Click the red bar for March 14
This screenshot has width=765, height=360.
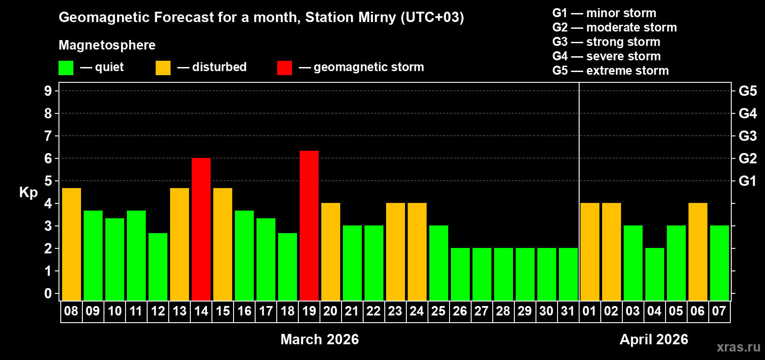click(201, 229)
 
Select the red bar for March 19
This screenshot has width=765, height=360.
click(309, 225)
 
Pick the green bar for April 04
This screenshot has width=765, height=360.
click(655, 274)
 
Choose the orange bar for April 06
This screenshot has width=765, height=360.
click(698, 252)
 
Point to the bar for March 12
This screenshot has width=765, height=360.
click(158, 266)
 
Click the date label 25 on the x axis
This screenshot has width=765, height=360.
click(438, 311)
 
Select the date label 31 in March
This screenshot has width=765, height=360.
click(568, 311)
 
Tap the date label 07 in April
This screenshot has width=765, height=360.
click(719, 311)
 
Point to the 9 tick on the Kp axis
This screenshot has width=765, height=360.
click(48, 91)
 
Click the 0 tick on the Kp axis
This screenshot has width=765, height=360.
click(48, 293)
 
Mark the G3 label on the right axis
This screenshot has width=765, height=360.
click(747, 136)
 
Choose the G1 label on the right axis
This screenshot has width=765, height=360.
click(747, 181)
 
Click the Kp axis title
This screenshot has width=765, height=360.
click(28, 192)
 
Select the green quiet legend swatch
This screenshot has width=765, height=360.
click(66, 68)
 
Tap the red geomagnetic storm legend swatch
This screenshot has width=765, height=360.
click(284, 68)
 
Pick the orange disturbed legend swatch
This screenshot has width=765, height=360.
click(163, 68)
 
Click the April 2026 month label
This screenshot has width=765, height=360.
click(654, 339)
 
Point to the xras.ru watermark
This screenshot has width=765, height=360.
click(738, 347)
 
